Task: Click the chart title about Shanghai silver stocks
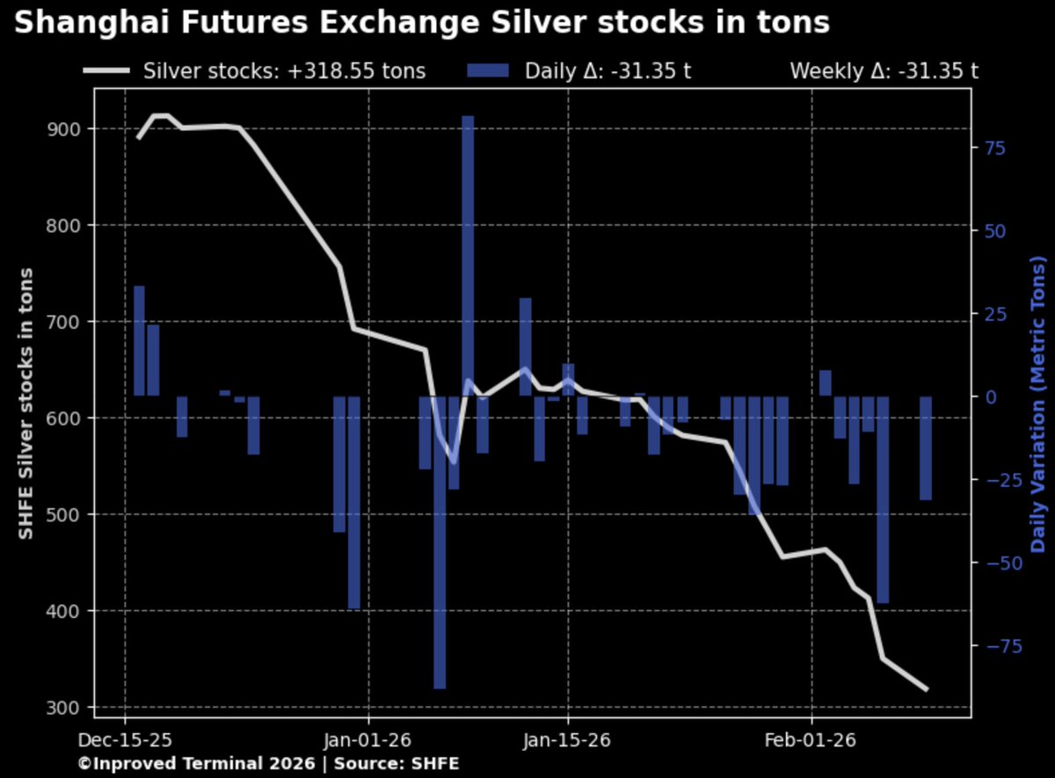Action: click(422, 24)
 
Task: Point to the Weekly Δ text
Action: click(884, 71)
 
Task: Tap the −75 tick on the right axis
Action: click(999, 646)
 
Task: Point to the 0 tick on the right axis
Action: click(990, 396)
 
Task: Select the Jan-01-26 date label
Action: click(368, 740)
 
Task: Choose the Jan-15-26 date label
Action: click(568, 740)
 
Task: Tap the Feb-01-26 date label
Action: click(811, 740)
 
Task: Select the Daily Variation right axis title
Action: click(1040, 404)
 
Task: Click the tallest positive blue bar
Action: click(468, 255)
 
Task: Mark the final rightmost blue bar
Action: click(925, 447)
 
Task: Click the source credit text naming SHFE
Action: click(268, 764)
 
